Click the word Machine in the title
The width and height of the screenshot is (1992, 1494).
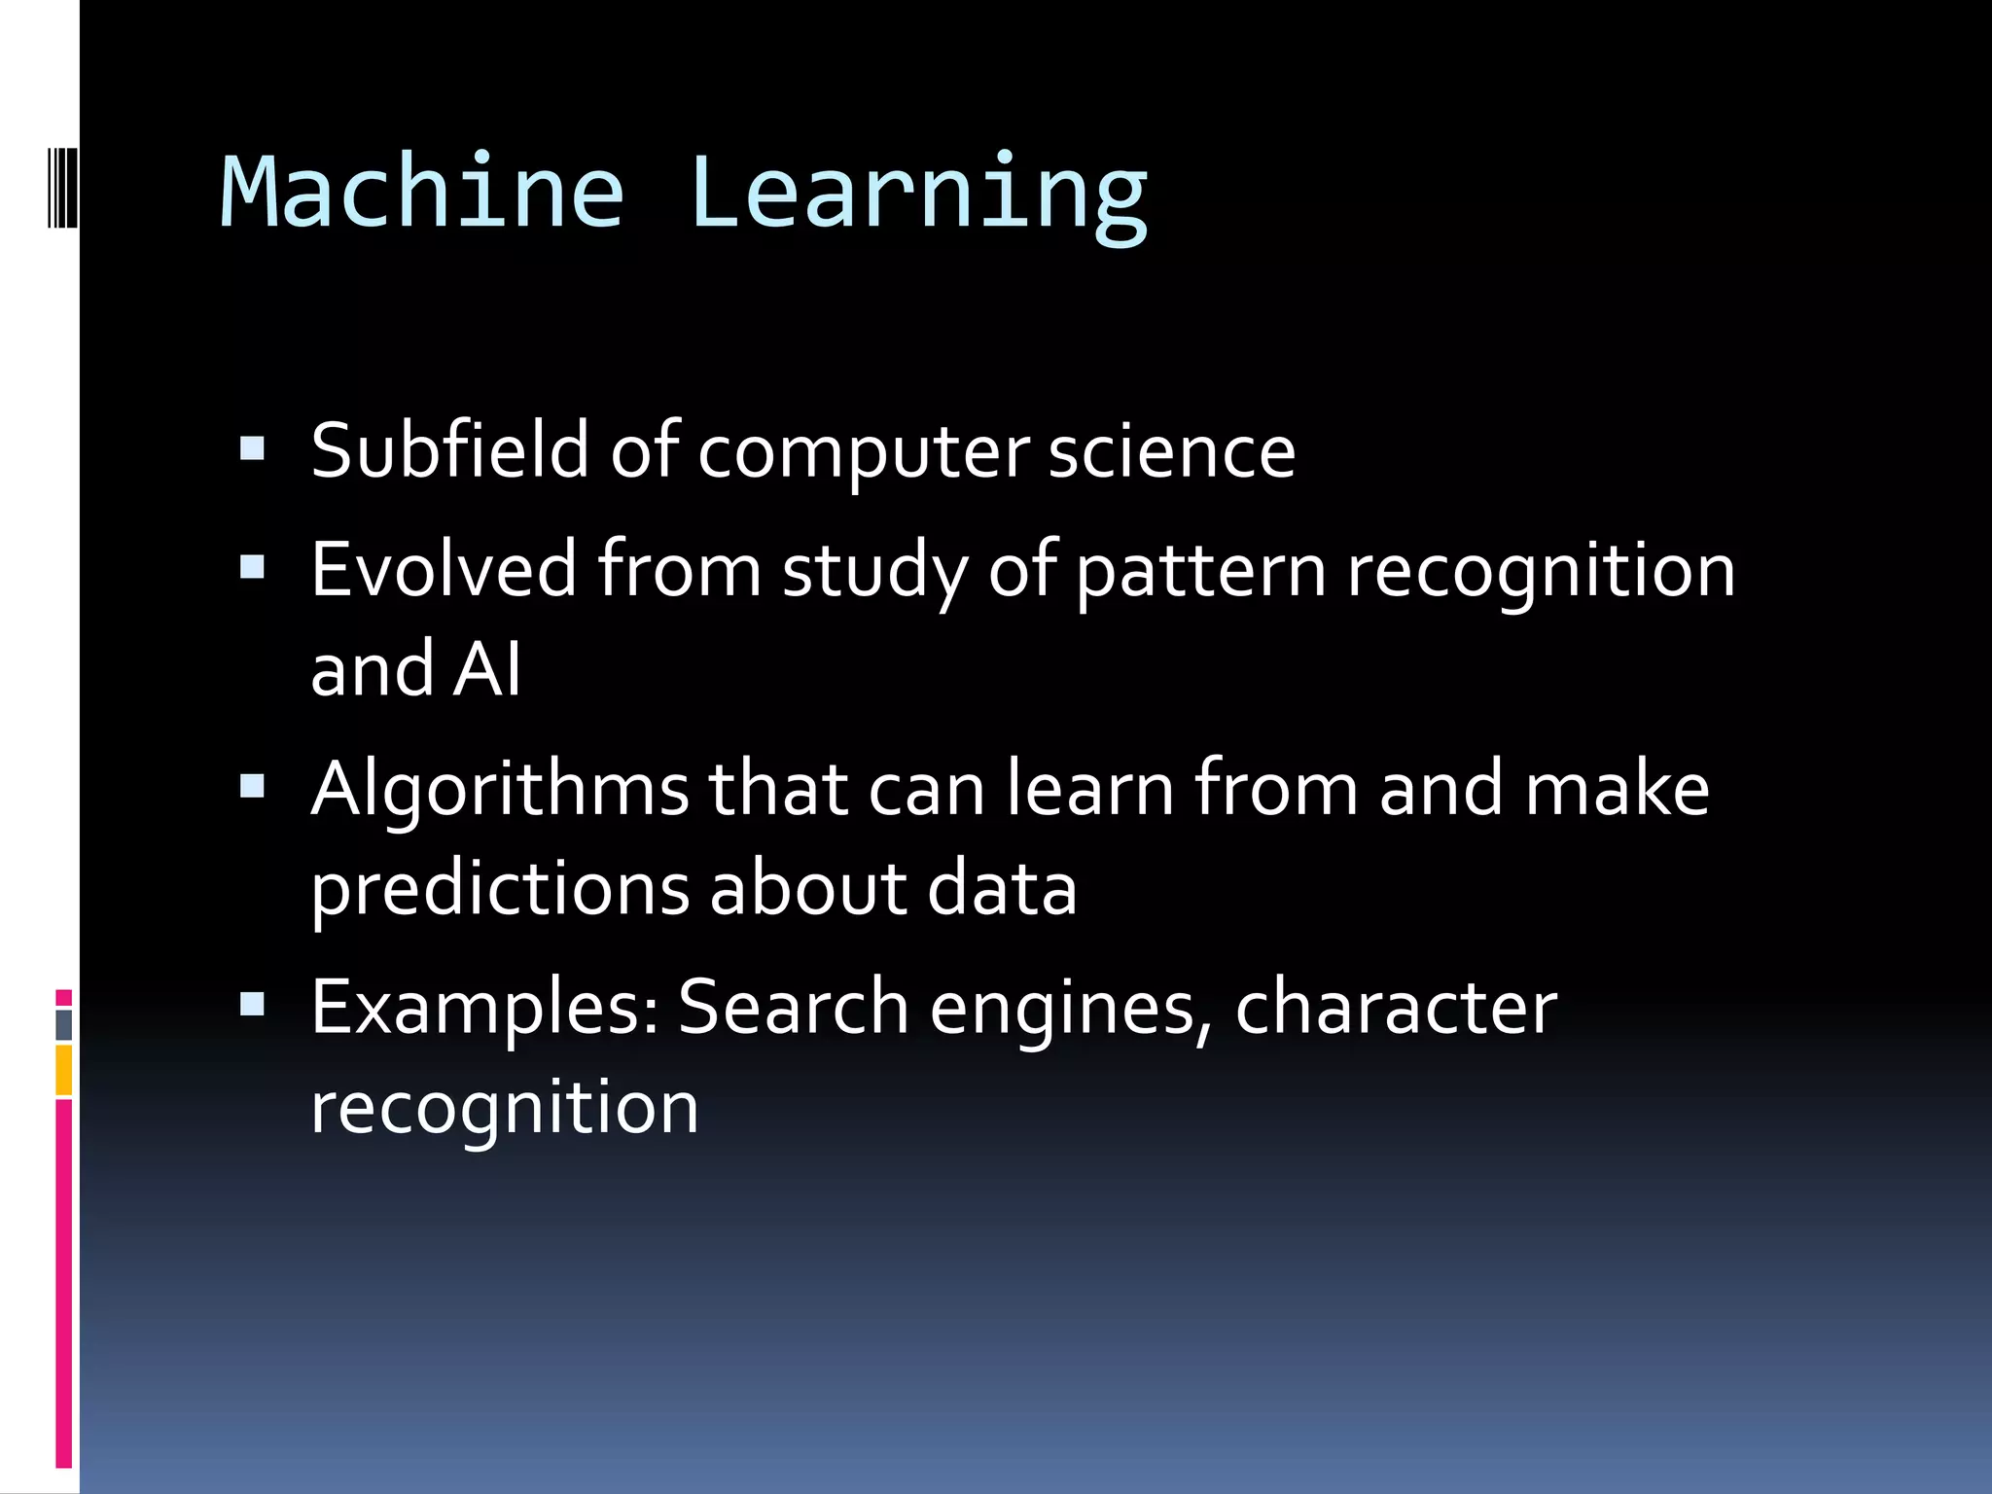[x=421, y=192]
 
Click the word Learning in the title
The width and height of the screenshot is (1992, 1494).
[x=919, y=195]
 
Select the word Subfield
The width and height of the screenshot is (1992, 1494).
[x=449, y=451]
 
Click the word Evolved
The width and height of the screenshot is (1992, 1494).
[x=444, y=570]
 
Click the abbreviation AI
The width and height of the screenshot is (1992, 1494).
[x=487, y=669]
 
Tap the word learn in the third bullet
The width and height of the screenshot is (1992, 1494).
[x=1089, y=788]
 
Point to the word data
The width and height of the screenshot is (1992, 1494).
[x=1002, y=889]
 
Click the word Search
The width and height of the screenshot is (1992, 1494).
[x=793, y=1007]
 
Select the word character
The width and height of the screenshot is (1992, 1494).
[x=1396, y=1007]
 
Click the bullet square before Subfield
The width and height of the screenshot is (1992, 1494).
[x=252, y=448]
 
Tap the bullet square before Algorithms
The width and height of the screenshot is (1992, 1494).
[x=252, y=785]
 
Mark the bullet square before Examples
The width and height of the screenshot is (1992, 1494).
[x=252, y=1003]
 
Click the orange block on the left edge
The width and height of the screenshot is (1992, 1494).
[x=63, y=1070]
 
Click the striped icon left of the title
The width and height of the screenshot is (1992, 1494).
[x=62, y=187]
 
